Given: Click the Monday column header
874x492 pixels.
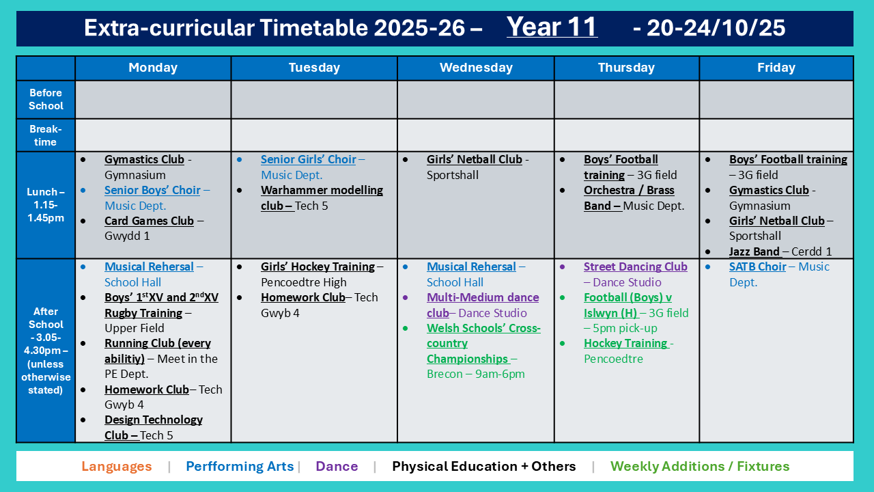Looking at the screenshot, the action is pyautogui.click(x=153, y=68).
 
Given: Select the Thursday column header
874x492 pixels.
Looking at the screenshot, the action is pyautogui.click(x=626, y=68).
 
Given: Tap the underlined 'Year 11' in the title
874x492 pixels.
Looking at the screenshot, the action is pyautogui.click(x=552, y=27).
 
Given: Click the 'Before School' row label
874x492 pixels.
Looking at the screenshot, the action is pyautogui.click(x=46, y=99).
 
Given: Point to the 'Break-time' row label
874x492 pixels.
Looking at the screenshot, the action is pyautogui.click(x=46, y=135).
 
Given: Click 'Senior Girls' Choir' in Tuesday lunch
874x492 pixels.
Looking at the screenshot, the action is pyautogui.click(x=308, y=159).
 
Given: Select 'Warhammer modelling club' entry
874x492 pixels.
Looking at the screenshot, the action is pyautogui.click(x=322, y=197).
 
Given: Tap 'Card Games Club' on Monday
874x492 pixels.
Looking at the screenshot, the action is pyautogui.click(x=149, y=221).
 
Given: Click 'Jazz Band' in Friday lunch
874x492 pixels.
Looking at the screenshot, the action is pyautogui.click(x=755, y=251).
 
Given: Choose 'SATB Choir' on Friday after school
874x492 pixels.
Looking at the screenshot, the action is pyautogui.click(x=757, y=266).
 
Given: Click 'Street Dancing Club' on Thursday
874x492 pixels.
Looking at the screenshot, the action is pyautogui.click(x=635, y=266).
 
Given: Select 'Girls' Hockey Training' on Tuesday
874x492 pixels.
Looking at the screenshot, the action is pyautogui.click(x=318, y=266).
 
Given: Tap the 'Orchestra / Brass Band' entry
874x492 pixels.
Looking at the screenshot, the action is pyautogui.click(x=629, y=197).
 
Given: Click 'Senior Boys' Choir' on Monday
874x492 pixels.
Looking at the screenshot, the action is pyautogui.click(x=152, y=190).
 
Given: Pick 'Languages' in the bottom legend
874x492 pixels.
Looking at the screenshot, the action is pyautogui.click(x=117, y=466).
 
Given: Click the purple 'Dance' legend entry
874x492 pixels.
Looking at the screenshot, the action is pyautogui.click(x=337, y=466).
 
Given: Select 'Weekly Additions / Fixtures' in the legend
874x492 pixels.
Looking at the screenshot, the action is pyautogui.click(x=700, y=466).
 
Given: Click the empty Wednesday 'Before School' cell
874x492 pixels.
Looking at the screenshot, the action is pyautogui.click(x=476, y=100).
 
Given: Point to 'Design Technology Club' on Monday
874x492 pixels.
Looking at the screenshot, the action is pyautogui.click(x=154, y=427).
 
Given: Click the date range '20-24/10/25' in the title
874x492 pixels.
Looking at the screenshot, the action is pyautogui.click(x=716, y=28).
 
